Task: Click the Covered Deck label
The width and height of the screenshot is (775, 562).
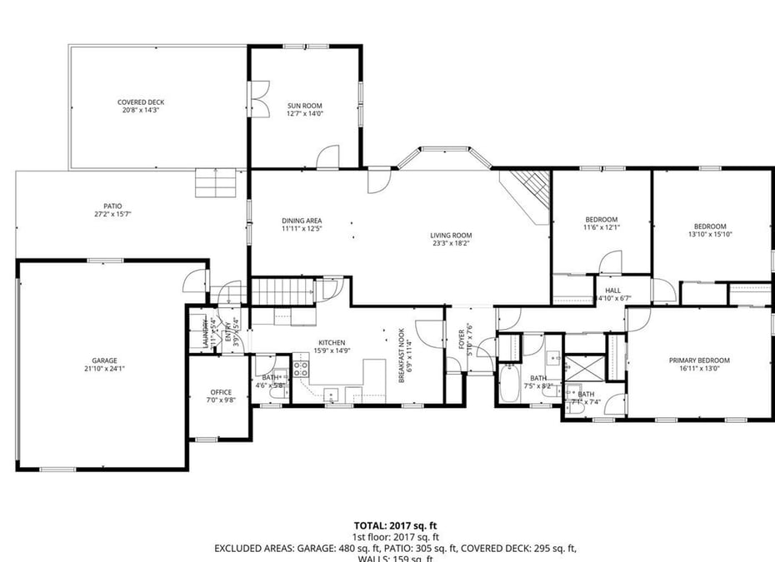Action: tap(140, 106)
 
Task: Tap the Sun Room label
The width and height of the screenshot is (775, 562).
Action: tap(305, 109)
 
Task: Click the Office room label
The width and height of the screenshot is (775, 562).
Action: tap(221, 396)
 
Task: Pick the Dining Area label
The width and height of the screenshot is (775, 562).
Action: tap(301, 224)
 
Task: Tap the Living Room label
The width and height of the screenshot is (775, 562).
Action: tap(451, 240)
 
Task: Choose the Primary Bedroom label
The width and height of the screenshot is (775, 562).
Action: tap(699, 365)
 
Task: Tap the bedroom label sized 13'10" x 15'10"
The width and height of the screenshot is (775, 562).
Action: tap(710, 231)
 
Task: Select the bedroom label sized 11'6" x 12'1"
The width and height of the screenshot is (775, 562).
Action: tap(601, 223)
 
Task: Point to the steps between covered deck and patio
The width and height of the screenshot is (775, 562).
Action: tap(216, 183)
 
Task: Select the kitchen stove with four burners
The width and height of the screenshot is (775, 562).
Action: tap(301, 369)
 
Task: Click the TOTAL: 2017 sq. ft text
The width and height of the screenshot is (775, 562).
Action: tap(395, 525)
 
